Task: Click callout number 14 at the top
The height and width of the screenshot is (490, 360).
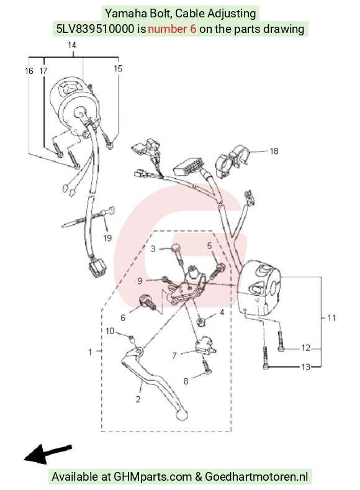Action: [72, 45]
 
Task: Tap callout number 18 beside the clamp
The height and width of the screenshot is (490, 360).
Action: [274, 152]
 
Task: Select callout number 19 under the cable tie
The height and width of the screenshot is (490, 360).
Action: [107, 238]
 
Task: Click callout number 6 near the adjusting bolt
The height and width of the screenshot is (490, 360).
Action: [123, 318]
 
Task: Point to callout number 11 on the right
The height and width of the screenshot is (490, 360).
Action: [331, 318]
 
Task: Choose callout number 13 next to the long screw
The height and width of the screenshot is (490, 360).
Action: [305, 367]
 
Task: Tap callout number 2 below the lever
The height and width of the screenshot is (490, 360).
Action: [138, 399]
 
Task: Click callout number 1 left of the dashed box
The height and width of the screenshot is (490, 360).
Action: [90, 352]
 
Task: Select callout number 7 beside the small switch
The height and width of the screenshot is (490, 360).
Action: [174, 356]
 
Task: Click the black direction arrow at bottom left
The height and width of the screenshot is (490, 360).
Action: [48, 453]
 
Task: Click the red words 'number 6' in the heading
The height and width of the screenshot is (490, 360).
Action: [172, 29]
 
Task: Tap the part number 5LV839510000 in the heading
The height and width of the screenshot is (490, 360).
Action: [95, 29]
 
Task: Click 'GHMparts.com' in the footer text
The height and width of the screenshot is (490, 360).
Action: [153, 477]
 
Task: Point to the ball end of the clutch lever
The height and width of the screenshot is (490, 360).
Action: [182, 415]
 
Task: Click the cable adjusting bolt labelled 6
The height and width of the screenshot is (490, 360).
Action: [148, 302]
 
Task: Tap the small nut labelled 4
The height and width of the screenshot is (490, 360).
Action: [200, 322]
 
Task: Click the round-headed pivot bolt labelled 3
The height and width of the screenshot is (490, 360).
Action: [178, 254]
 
